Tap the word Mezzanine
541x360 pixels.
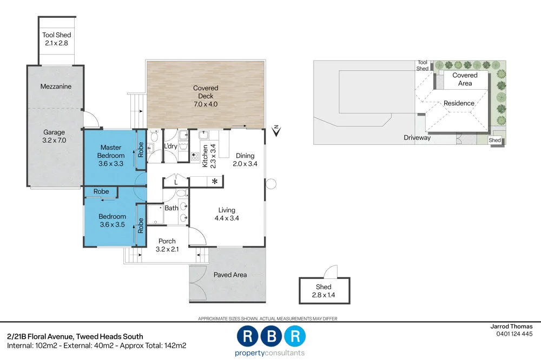point(56,86)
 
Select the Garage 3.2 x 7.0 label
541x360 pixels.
point(54,136)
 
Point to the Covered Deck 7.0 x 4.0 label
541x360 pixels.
point(206,96)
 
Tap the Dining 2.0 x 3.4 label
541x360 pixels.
point(245,159)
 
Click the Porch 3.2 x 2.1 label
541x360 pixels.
point(167,245)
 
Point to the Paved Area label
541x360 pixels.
point(230,275)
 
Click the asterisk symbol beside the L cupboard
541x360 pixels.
point(215,182)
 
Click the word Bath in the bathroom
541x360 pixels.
point(171,208)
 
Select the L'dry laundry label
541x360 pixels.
point(171,146)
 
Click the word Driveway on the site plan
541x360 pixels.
point(417,138)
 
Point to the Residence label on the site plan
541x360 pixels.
point(459,103)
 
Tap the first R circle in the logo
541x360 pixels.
point(247,336)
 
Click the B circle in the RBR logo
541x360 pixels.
point(272,336)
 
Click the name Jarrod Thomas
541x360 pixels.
point(511,326)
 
